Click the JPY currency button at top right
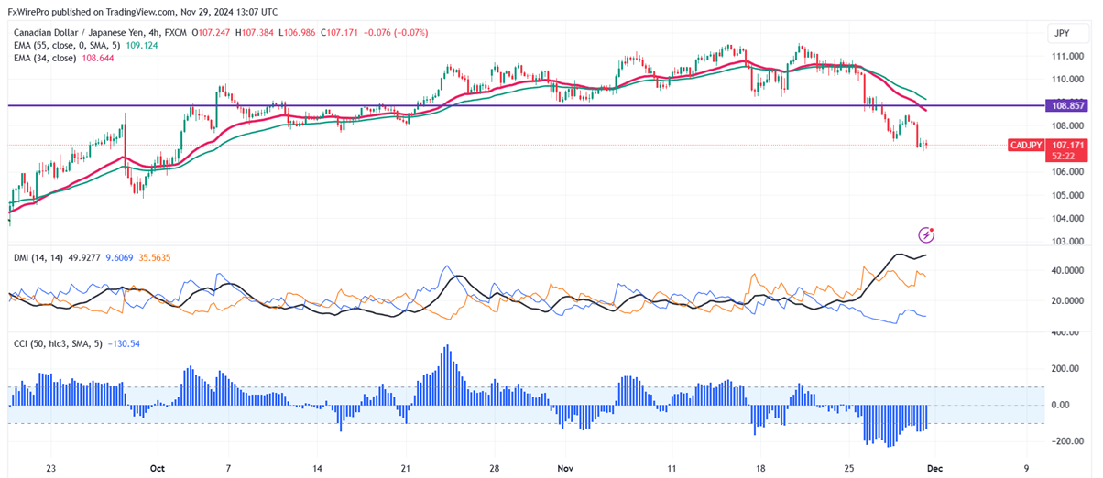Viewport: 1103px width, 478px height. pos(1063,33)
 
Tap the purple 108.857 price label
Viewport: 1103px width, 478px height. pos(1066,106)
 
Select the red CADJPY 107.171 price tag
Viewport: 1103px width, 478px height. pos(1044,146)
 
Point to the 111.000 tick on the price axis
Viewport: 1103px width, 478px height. pos(1067,56)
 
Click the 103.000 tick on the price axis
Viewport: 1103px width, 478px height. pos(1067,242)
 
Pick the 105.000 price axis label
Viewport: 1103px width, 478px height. pos(1067,195)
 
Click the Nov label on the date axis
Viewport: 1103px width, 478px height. pos(565,467)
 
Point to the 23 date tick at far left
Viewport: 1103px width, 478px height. pos(51,467)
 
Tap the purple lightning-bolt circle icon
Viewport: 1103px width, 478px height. pos(926,235)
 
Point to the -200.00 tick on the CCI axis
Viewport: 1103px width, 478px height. pos(1066,441)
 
